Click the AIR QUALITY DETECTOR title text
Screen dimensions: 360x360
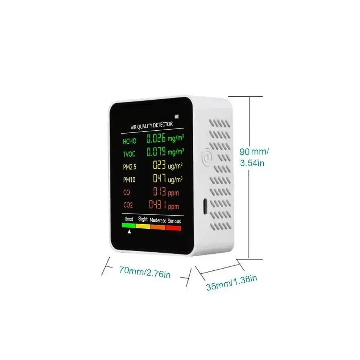pos(152,126)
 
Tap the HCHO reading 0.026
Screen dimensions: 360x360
pos(156,139)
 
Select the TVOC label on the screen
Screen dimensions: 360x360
pos(129,154)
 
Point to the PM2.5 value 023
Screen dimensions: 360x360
pos(159,165)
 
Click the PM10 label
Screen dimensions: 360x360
pos(129,180)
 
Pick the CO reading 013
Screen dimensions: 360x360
pos(159,191)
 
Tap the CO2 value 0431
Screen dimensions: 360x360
pos(158,204)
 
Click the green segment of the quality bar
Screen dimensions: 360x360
pos(129,225)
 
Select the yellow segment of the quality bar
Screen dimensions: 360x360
pos(143,226)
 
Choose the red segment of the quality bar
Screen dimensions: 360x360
pos(174,228)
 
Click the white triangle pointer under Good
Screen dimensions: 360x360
pos(129,231)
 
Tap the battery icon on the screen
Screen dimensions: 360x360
pos(176,117)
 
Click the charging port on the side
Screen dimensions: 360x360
pos(205,206)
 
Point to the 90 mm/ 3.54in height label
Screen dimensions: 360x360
pos(254,157)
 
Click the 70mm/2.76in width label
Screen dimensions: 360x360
pos(145,272)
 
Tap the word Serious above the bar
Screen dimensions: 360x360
pos(174,221)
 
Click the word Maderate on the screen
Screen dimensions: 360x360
pos(158,220)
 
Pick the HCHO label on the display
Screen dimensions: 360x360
pos(130,141)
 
